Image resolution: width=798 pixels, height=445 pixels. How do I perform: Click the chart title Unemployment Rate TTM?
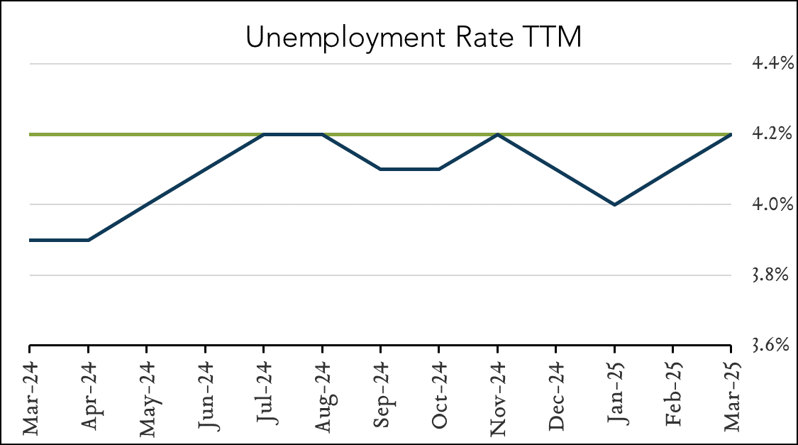pos(414,38)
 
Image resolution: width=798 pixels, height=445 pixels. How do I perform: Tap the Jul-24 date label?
pos(263,395)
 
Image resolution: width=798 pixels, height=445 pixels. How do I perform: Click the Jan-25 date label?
pos(614,395)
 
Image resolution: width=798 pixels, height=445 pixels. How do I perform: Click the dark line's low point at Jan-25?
pos(614,204)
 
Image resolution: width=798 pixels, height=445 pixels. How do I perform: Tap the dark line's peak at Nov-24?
pos(497,134)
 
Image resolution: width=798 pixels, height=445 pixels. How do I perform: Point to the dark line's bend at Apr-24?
pos(88,240)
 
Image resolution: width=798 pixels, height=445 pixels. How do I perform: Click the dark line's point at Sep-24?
pos(380,169)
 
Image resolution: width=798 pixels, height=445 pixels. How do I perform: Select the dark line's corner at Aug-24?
pos(322,134)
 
